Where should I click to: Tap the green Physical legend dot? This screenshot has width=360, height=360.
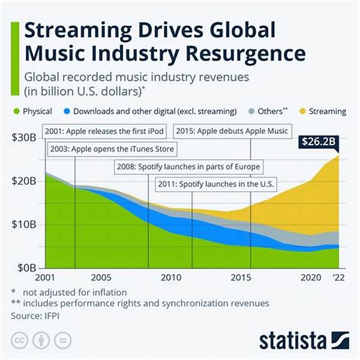15,111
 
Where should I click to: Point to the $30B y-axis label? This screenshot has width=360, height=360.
23,137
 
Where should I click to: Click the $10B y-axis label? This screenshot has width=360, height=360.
23,225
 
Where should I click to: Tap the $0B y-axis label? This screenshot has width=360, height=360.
26,268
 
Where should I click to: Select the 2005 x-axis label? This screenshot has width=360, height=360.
101,278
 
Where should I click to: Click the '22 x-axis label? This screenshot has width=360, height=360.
340,278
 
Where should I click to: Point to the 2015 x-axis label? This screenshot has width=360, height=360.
240,278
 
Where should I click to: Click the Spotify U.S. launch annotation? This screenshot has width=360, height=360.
214,184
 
